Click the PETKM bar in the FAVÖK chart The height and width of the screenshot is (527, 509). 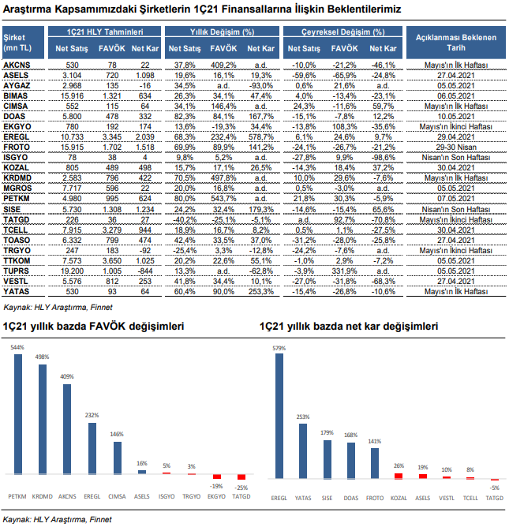(x=18, y=413)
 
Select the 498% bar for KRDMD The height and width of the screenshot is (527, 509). (x=43, y=418)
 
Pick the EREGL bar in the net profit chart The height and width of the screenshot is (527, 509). (x=278, y=415)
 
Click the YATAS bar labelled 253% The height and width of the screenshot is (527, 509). (x=302, y=450)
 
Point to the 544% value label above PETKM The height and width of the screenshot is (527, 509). (x=17, y=347)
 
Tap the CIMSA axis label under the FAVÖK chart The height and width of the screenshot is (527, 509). (x=117, y=497)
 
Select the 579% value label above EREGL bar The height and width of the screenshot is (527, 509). (x=277, y=347)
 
